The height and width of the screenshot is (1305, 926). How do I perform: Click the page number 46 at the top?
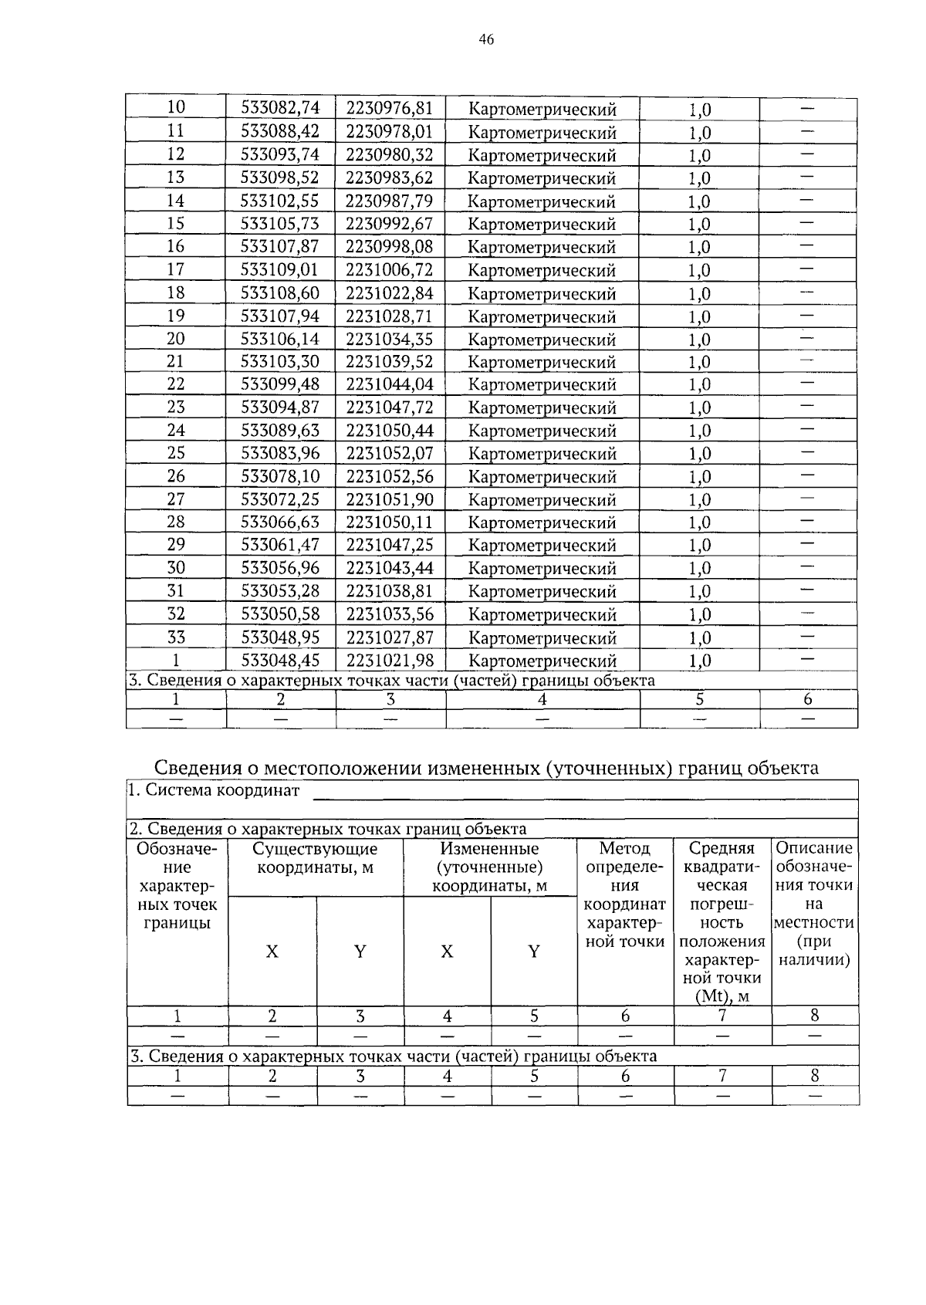coord(486,40)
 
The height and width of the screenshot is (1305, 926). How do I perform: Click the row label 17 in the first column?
coord(176,269)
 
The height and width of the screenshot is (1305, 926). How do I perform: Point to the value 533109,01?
coord(280,269)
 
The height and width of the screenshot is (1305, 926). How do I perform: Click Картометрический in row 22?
coord(542,384)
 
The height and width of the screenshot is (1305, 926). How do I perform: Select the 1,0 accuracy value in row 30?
coord(699,569)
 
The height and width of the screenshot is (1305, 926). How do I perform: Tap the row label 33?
coord(176,637)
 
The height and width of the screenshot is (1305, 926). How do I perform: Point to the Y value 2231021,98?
coord(390,661)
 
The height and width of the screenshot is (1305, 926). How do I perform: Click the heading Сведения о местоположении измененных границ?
coord(486,768)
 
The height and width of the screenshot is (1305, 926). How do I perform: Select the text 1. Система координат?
coord(215,790)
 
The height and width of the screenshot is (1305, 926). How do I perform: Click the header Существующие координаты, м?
coord(316,858)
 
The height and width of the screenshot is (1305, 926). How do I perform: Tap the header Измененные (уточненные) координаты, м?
coord(489,867)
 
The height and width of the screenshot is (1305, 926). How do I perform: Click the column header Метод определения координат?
coord(625,895)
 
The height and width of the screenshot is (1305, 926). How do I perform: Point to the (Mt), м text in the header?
coord(722,996)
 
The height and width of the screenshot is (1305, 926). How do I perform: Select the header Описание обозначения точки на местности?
coord(814,904)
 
